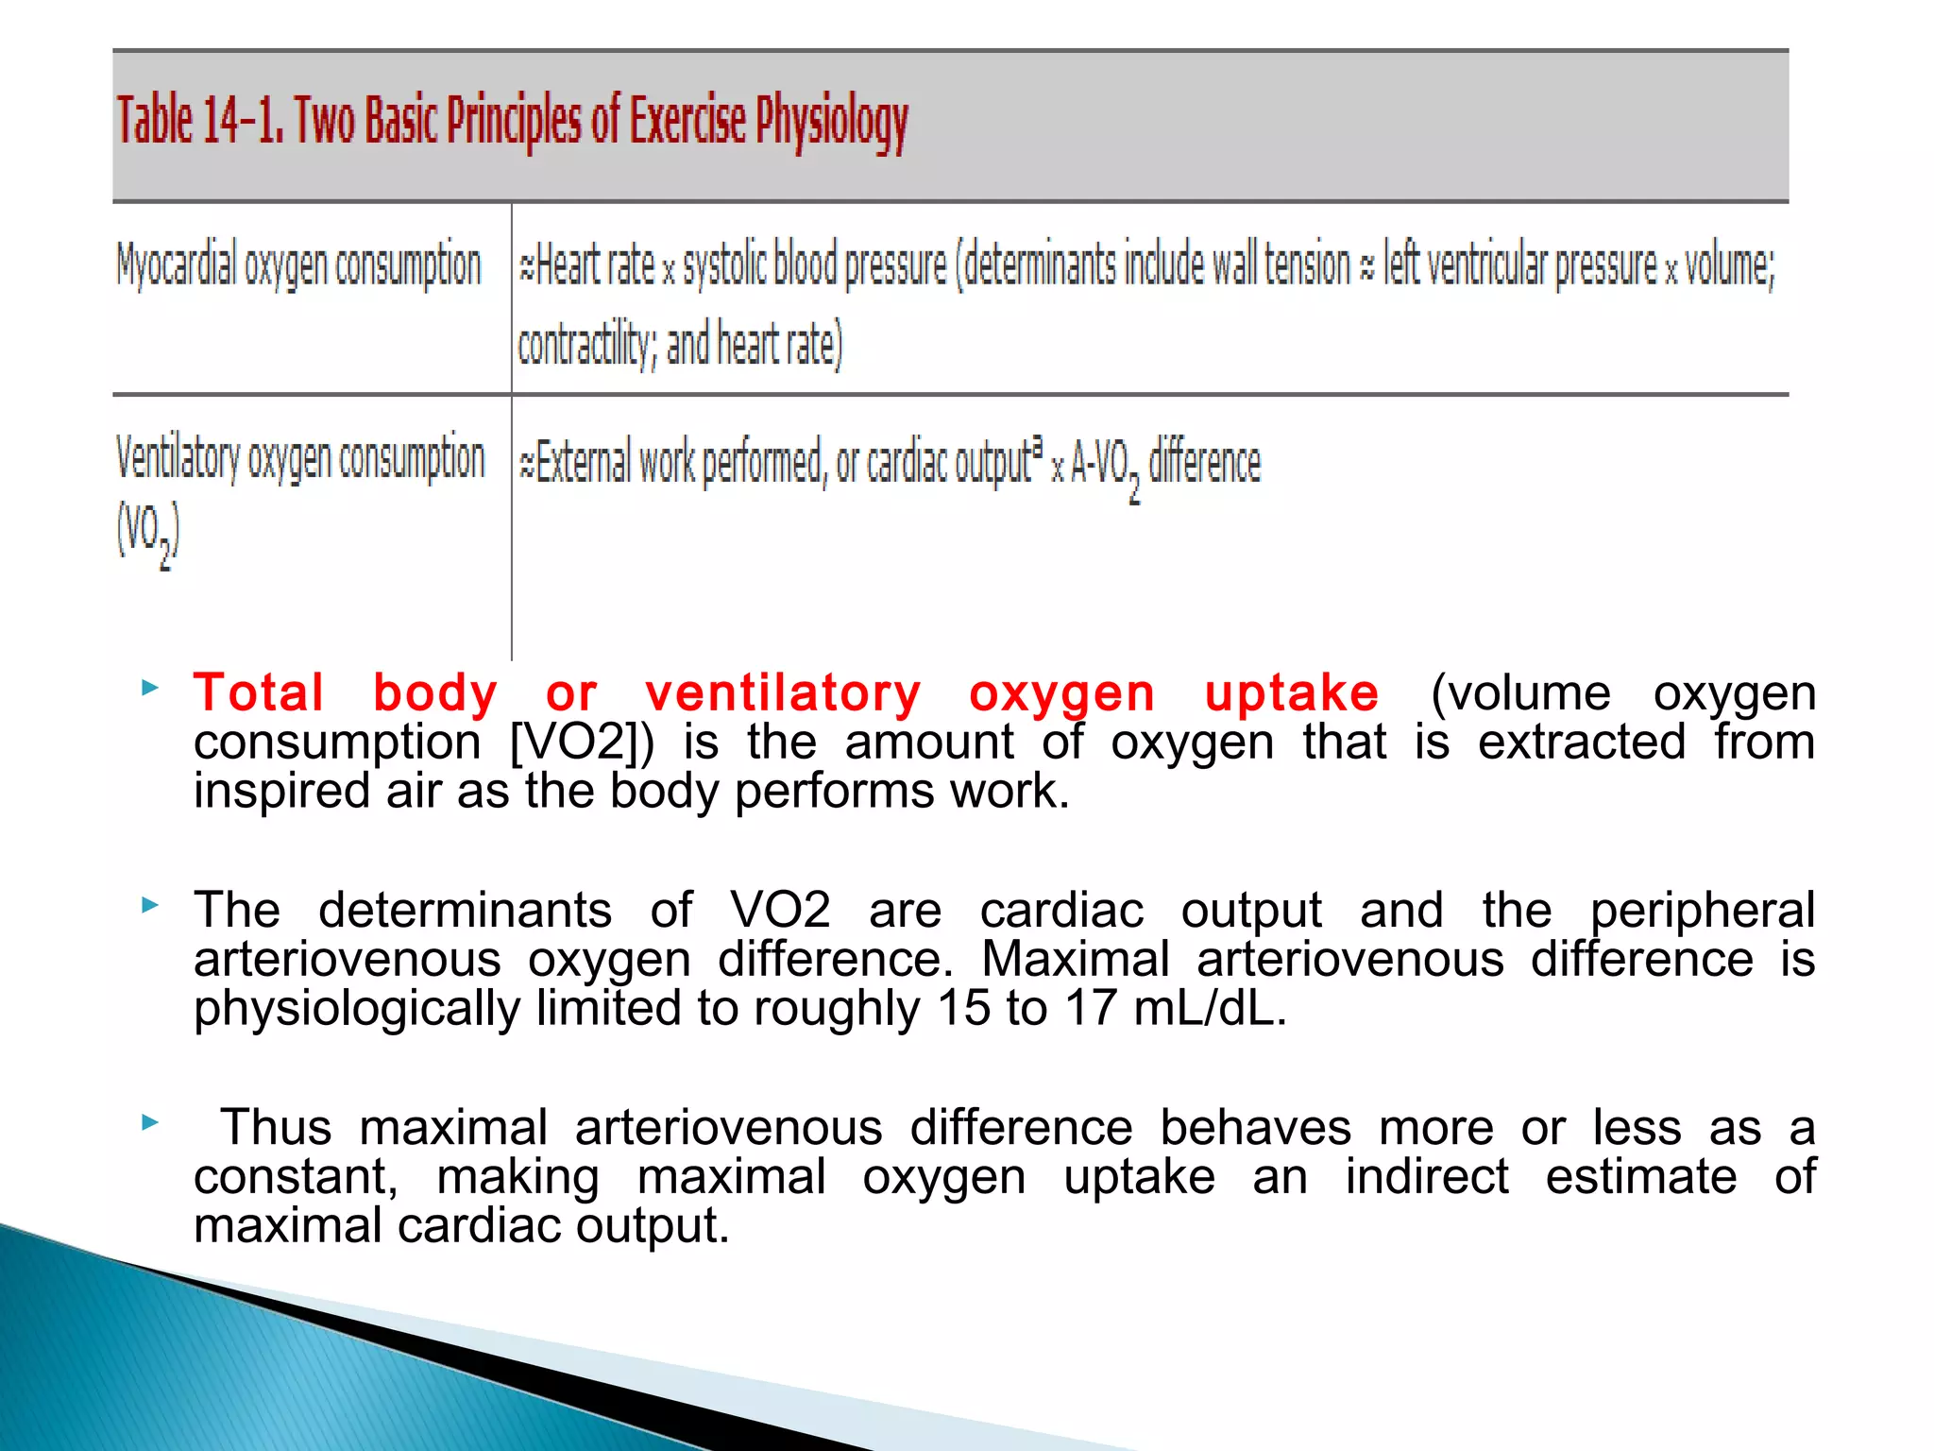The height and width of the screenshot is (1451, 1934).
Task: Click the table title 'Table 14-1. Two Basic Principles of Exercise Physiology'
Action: click(x=512, y=123)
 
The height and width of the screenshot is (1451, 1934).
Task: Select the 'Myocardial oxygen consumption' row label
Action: click(x=298, y=265)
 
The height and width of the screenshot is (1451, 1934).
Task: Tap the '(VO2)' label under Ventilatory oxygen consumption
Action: click(x=147, y=534)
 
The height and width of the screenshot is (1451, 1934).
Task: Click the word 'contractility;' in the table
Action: click(x=585, y=345)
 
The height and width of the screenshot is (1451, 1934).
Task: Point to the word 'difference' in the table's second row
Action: click(x=1204, y=463)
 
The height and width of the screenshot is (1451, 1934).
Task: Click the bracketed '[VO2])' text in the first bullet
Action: click(x=581, y=742)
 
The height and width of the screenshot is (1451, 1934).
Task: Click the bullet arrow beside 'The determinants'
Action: click(x=149, y=905)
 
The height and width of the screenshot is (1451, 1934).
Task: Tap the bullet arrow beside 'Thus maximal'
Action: click(x=149, y=1122)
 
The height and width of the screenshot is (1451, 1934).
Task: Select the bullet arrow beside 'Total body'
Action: click(x=149, y=688)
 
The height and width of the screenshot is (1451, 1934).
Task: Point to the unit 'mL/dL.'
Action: click(x=1210, y=1008)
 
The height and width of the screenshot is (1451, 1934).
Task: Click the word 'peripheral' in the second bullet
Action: click(x=1702, y=911)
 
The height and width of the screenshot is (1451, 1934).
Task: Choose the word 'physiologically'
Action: click(x=357, y=1009)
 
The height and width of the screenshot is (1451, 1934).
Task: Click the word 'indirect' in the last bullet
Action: click(x=1426, y=1177)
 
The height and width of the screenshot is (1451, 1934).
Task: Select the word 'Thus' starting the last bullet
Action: click(x=276, y=1128)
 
